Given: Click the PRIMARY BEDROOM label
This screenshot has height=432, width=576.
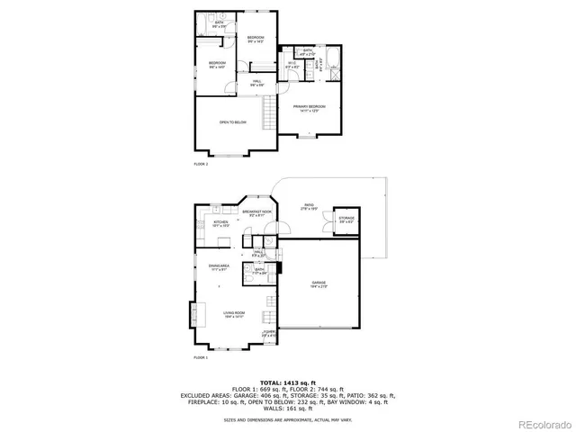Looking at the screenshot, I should (x=309, y=108).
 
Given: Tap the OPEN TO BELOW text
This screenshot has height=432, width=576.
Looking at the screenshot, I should (x=232, y=122).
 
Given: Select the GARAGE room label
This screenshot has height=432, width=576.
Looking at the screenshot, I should (x=319, y=284).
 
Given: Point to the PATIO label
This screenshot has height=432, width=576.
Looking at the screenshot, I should (x=309, y=206).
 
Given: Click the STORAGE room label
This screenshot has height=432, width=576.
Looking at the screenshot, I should (x=346, y=220).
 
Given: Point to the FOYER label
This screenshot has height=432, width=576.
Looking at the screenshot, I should (x=268, y=334).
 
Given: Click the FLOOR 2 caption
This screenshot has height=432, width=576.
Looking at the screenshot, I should (x=201, y=165).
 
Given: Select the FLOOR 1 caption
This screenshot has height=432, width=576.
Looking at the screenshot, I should (x=201, y=358).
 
